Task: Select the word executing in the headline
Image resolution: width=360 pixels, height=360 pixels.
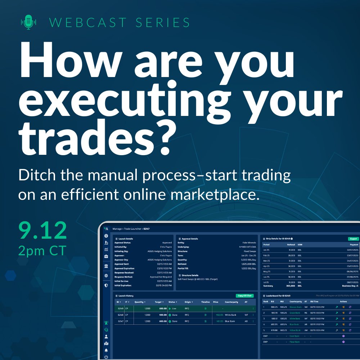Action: pos(118,95)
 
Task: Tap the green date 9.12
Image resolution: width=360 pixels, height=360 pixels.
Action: pos(43,231)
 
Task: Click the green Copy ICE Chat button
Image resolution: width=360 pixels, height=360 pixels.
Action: pos(245,296)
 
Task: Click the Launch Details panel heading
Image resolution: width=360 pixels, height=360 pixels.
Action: pos(125,239)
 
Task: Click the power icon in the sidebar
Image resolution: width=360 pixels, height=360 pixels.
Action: pos(106,357)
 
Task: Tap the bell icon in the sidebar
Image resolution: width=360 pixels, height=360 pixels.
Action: pos(106,350)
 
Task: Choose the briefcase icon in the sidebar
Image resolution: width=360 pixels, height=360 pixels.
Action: pos(106,256)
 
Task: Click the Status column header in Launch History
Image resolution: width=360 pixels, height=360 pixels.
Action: pos(173,302)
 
